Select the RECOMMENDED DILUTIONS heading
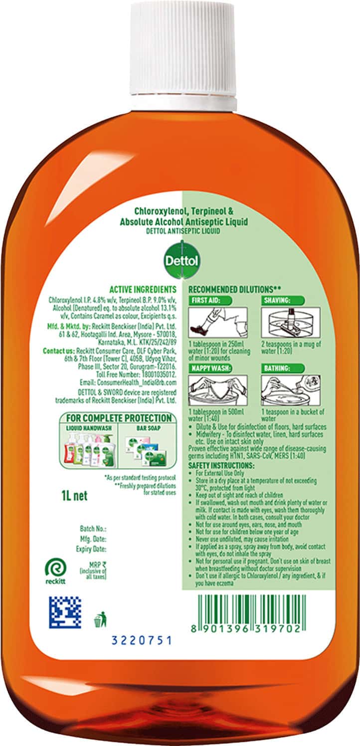tap(231, 289)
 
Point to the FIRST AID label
tap(206, 301)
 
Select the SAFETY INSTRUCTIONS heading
tap(220, 465)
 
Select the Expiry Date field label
tap(93, 549)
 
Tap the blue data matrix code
tap(65, 612)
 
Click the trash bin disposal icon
tap(98, 621)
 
